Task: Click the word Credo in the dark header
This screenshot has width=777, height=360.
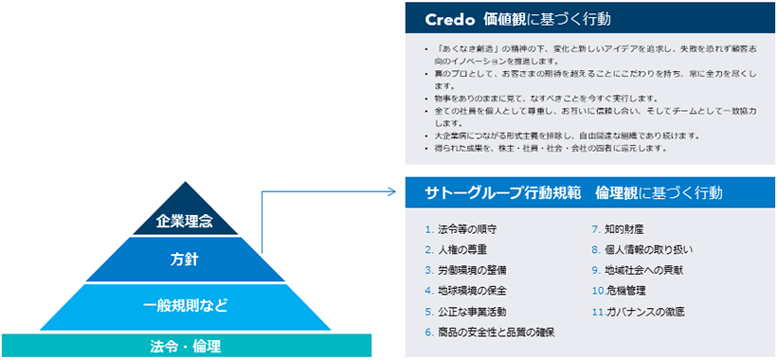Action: pyautogui.click(x=443, y=18)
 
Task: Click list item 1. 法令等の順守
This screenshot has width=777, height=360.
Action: pyautogui.click(x=461, y=229)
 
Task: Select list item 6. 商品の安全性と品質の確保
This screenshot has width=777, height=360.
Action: pyautogui.click(x=490, y=332)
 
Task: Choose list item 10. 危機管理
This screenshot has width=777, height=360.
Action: pyautogui.click(x=621, y=291)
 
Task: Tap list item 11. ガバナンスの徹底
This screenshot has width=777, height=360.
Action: pyautogui.click(x=638, y=311)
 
